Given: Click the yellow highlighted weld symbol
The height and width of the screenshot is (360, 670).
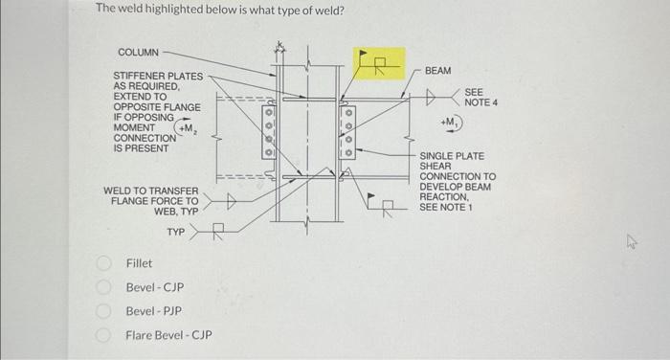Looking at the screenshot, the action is (x=379, y=64).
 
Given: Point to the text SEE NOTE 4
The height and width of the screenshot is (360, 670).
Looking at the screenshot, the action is (x=480, y=97).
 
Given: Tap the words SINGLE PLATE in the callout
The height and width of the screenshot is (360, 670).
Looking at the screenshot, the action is (x=452, y=155).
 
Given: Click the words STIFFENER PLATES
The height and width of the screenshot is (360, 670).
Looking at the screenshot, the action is (x=158, y=76).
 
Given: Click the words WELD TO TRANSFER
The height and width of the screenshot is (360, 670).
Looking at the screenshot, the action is (x=150, y=191).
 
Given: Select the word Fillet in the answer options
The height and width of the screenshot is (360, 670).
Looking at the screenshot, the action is (x=139, y=262).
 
